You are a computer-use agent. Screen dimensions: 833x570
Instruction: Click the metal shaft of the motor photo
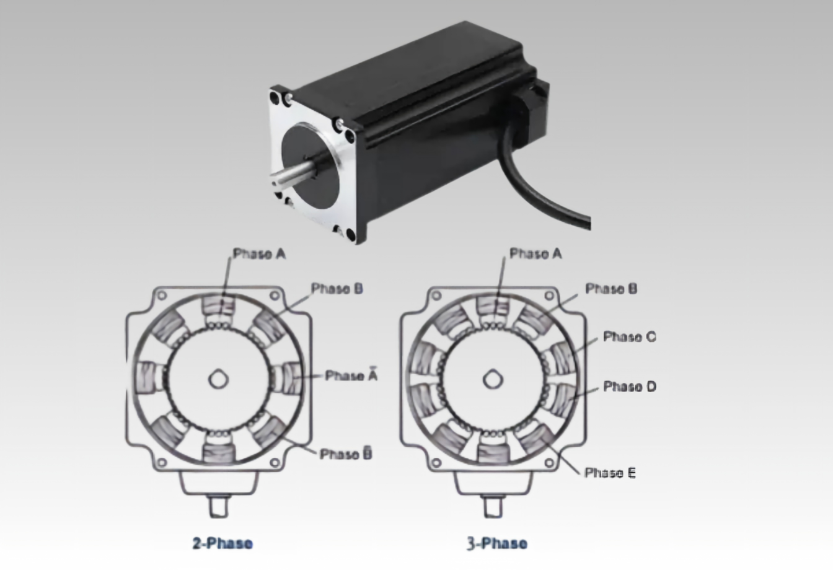click(x=294, y=174)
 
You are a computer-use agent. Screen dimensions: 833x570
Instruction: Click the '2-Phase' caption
click(x=223, y=543)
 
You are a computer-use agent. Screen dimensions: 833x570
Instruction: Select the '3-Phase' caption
click(x=497, y=543)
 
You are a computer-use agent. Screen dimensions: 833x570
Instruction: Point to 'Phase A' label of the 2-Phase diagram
click(x=259, y=253)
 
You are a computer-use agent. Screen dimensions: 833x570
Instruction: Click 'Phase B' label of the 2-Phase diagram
click(x=337, y=289)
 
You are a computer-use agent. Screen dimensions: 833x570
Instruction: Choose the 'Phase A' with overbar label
click(x=351, y=375)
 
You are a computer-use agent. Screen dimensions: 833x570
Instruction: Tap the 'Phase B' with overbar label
click(x=346, y=454)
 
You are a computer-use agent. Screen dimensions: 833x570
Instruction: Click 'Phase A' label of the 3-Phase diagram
click(x=535, y=253)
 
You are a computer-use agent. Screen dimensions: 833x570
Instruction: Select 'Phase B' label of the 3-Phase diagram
click(x=611, y=289)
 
